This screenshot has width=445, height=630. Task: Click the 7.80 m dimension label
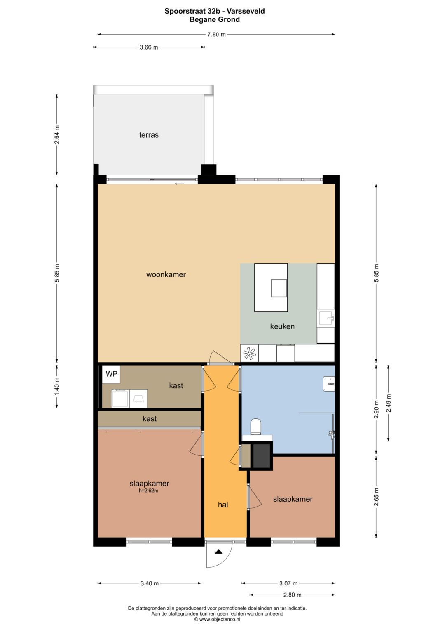[x=216, y=35]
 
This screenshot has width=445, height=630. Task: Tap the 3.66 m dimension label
[x=149, y=47]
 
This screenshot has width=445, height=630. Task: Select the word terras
[x=149, y=135]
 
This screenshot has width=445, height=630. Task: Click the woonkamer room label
[x=166, y=274]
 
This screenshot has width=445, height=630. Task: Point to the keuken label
[x=282, y=326]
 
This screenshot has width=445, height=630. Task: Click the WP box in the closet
[x=112, y=374]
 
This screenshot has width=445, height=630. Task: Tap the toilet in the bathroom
[x=256, y=427]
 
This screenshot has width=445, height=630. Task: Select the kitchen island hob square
[x=279, y=288]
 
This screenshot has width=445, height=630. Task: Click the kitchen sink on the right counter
[x=326, y=318]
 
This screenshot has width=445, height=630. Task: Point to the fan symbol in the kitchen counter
[x=249, y=353]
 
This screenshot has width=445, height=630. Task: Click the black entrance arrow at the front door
[x=219, y=552]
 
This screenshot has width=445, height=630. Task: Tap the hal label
[x=223, y=505]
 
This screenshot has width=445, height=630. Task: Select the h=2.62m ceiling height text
[x=149, y=491]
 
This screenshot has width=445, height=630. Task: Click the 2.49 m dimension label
[x=389, y=403]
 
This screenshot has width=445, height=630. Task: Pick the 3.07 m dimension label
[x=288, y=583]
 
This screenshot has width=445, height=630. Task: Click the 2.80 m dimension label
[x=292, y=595]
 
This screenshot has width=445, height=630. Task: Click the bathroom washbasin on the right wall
[x=329, y=383]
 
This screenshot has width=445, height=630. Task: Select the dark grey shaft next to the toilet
[x=261, y=455]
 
